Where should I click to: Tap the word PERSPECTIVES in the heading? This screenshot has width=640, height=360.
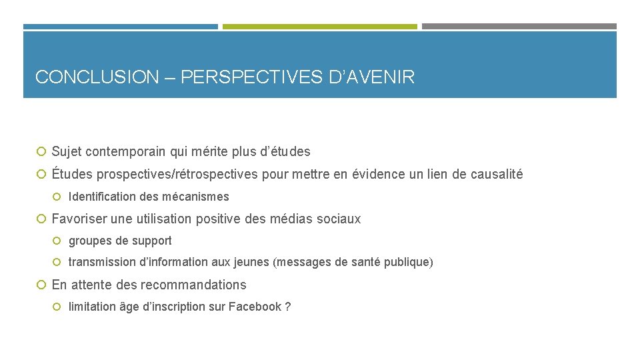click(253, 77)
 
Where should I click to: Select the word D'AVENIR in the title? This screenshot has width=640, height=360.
click(372, 77)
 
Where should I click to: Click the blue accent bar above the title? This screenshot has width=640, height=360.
click(121, 27)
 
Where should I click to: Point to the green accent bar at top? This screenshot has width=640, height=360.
click(319, 27)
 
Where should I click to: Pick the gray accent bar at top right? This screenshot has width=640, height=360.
click(519, 27)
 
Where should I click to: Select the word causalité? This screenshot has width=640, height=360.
click(497, 175)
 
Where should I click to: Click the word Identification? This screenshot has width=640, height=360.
click(102, 197)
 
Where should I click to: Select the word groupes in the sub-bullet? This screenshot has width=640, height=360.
click(90, 241)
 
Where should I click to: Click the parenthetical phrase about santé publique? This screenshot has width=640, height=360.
click(353, 263)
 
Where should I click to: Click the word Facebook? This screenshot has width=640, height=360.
click(255, 307)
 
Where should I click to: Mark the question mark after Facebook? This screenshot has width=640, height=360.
click(287, 307)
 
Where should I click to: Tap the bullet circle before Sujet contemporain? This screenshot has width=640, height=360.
click(41, 152)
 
